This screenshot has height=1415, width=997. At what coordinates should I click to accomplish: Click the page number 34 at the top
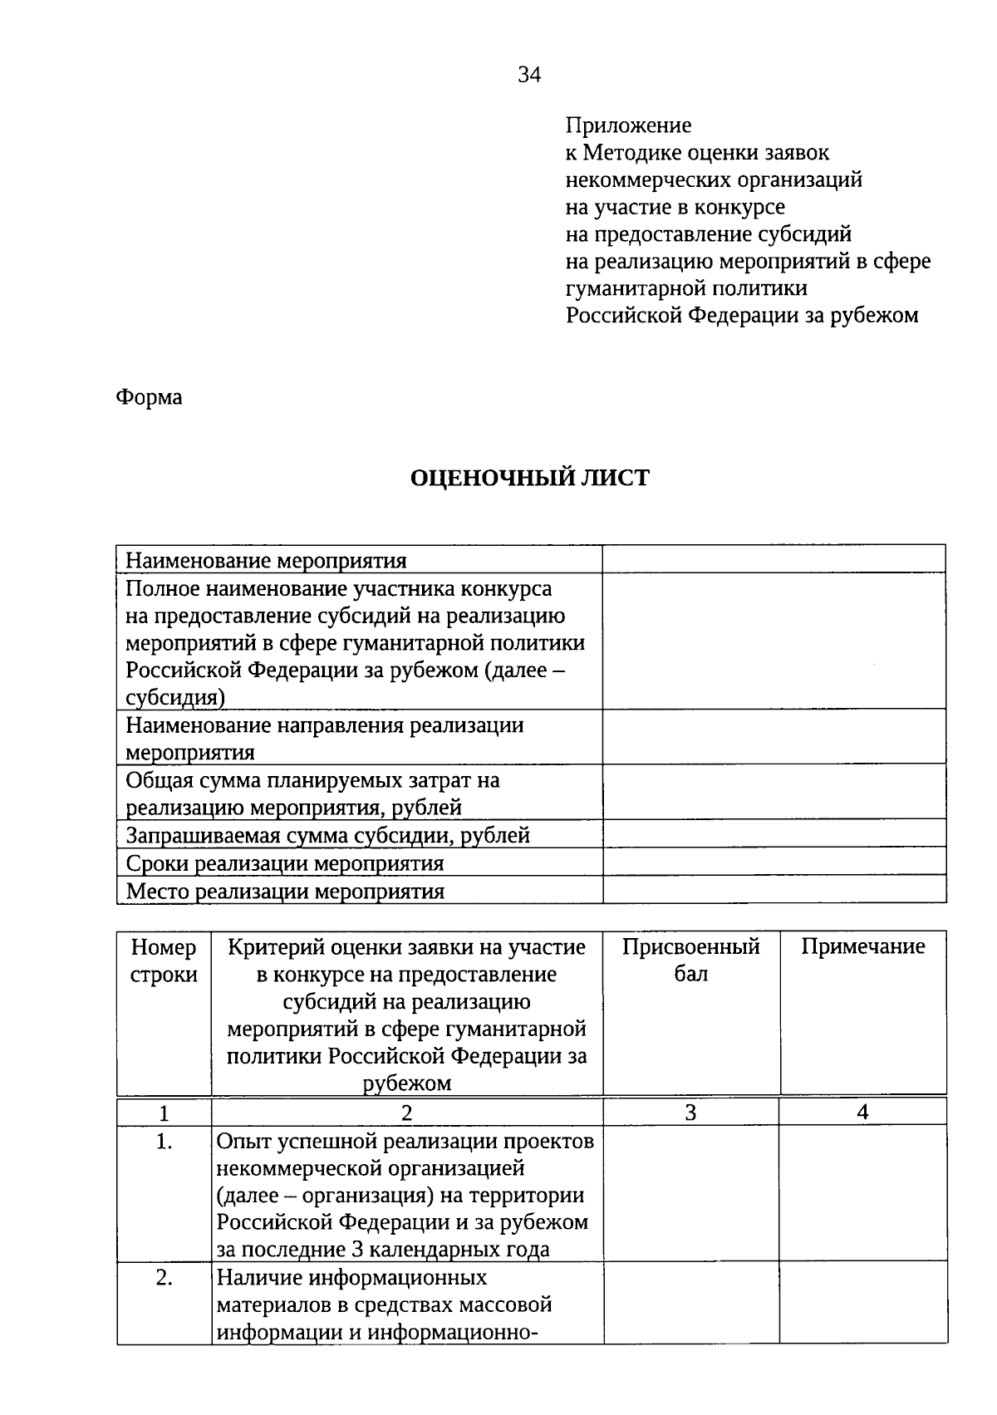tap(529, 76)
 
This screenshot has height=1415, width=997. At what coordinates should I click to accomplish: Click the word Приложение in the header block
tap(628, 125)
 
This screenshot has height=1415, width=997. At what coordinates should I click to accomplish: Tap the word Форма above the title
tap(149, 397)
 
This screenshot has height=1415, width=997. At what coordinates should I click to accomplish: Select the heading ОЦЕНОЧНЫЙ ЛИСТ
tap(530, 478)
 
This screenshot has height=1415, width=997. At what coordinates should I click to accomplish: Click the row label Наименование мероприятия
tap(266, 561)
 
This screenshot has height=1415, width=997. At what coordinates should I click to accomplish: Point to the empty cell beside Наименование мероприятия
tap(774, 559)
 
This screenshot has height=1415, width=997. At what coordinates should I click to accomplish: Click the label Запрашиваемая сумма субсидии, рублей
tap(327, 835)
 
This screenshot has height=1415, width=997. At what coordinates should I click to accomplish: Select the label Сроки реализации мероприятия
tap(284, 863)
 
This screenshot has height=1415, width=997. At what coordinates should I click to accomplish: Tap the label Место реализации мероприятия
tap(285, 892)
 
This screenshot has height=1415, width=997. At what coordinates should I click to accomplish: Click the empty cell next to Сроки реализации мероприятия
tap(774, 862)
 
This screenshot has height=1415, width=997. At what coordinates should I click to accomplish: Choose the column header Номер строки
tap(164, 961)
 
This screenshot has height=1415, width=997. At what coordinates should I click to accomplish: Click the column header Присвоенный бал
tap(690, 961)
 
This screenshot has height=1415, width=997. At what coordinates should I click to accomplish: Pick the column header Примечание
tap(862, 947)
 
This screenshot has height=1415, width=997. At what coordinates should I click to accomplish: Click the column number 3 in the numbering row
tap(690, 1113)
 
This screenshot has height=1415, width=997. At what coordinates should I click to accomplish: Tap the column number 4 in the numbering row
tap(862, 1113)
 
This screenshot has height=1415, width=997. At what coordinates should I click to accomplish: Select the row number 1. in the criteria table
tap(164, 1142)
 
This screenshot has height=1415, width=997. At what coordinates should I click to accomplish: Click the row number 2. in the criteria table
tap(164, 1278)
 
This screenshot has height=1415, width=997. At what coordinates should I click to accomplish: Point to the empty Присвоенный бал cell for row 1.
tap(690, 1194)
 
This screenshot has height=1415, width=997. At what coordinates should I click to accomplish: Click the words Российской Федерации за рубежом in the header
tap(742, 316)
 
